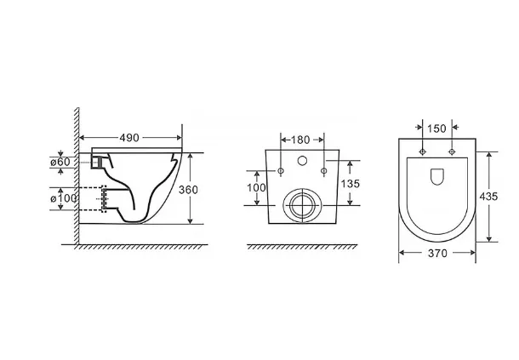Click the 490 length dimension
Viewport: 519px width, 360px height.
click(129, 138)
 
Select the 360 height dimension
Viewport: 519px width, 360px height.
click(188, 190)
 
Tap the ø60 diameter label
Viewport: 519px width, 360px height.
click(60, 163)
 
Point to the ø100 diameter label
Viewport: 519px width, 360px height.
click(64, 198)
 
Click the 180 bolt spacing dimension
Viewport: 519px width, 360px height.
click(300, 140)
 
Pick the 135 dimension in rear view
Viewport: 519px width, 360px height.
click(351, 184)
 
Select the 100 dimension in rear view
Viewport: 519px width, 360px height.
click(256, 188)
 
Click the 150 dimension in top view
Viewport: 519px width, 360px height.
click(437, 129)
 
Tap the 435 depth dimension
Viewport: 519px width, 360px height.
click(488, 197)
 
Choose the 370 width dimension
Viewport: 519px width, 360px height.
click(437, 254)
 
